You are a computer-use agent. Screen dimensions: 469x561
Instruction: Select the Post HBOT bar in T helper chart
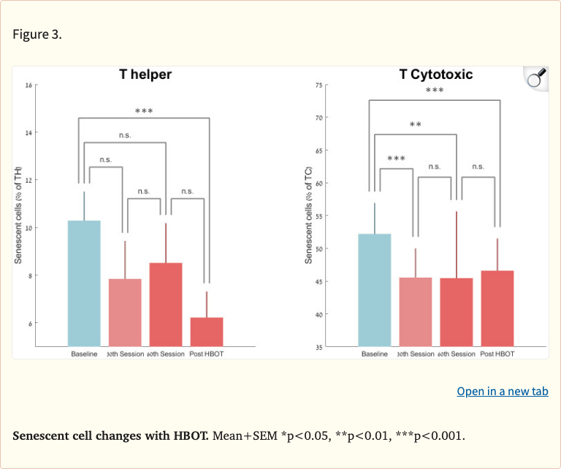point(207,332)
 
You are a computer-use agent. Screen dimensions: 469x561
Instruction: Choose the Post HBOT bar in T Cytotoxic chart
point(497,308)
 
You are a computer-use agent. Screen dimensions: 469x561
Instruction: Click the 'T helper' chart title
point(145,75)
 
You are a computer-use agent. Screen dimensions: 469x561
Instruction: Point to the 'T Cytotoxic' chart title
point(435,75)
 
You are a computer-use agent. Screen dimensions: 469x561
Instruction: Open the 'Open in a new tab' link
point(502,391)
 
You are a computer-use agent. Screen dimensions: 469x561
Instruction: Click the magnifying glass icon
point(537,78)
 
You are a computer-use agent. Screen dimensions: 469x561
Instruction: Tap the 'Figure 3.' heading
point(37,35)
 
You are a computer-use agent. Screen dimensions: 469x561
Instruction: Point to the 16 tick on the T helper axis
point(28,85)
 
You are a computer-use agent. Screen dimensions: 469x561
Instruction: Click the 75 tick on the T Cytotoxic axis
point(318,85)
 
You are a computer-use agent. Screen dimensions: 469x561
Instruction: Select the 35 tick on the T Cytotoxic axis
point(318,347)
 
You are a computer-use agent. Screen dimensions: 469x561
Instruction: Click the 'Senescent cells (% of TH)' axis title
point(19,216)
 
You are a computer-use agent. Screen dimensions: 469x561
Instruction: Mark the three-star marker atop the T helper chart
point(143,111)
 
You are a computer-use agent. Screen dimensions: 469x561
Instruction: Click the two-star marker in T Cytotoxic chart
point(415,126)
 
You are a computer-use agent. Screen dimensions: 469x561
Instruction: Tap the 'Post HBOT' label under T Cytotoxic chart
point(497,354)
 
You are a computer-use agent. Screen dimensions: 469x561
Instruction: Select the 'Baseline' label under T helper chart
point(84,354)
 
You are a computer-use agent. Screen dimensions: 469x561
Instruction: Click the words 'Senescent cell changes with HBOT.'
point(111,436)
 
